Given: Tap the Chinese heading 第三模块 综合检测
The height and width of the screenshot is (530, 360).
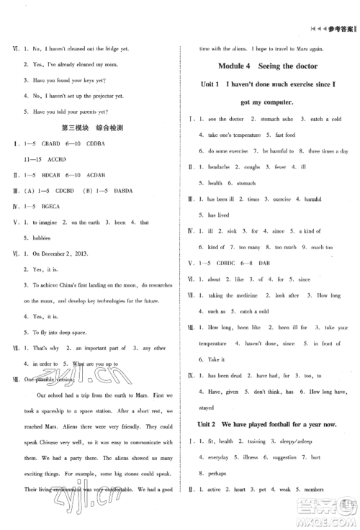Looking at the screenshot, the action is pos(93,127).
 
